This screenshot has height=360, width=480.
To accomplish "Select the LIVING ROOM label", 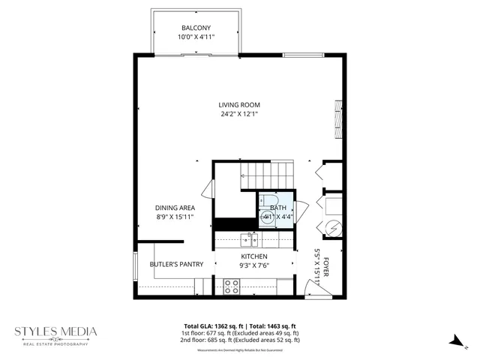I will [239, 105].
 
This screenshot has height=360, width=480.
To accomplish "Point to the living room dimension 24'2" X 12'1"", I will [239, 115].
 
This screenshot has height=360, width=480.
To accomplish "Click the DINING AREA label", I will [175, 208].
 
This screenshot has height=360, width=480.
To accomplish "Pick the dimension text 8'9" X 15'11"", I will [175, 217].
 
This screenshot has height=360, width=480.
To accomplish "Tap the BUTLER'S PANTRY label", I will [176, 264].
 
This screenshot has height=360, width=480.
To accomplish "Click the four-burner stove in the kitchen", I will [232, 286].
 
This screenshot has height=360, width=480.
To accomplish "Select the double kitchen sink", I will [248, 240].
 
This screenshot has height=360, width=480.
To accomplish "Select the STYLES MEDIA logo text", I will [57, 331].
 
